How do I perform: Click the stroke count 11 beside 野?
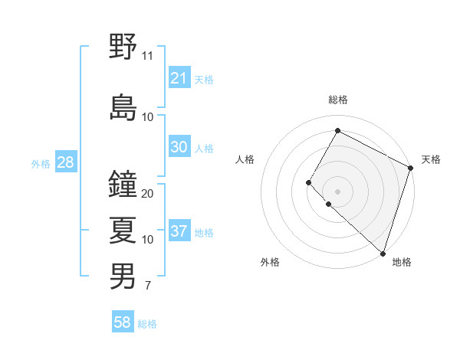pos(148,55)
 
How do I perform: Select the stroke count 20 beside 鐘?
pos(148,193)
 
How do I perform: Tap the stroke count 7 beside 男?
pos(147,286)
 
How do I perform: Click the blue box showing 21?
pos(179,78)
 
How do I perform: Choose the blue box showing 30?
pos(179,148)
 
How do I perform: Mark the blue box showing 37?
pos(179,232)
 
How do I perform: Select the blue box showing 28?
pos(65,163)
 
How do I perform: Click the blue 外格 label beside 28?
pos(41,164)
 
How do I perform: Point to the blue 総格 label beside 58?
pos(147,324)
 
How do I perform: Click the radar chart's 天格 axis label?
pos(431,159)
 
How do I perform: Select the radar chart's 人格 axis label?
pos(245,159)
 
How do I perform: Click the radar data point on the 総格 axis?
pos(337,130)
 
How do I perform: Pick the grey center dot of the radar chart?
pos(337,191)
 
